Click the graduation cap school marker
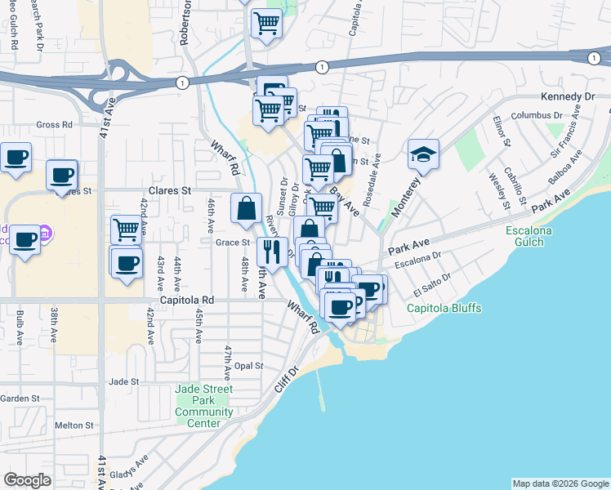423,154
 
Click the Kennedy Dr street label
569,96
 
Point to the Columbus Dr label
532,115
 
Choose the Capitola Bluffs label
445,308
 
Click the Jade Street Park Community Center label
203,406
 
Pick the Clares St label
169,190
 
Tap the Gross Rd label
55,125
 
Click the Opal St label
248,366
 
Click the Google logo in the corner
27,480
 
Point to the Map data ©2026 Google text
560,483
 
